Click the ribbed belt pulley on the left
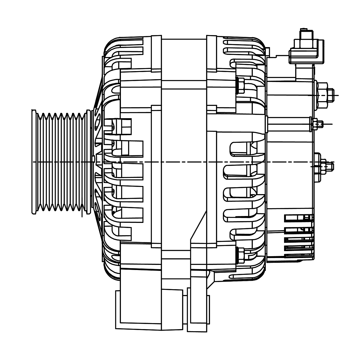click(60, 162)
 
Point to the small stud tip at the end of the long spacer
click(321, 124)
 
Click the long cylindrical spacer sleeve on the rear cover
click(288, 124)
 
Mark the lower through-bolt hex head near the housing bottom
click(240, 254)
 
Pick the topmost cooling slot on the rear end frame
click(243, 42)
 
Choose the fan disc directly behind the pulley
click(97, 162)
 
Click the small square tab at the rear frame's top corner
click(267, 52)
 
